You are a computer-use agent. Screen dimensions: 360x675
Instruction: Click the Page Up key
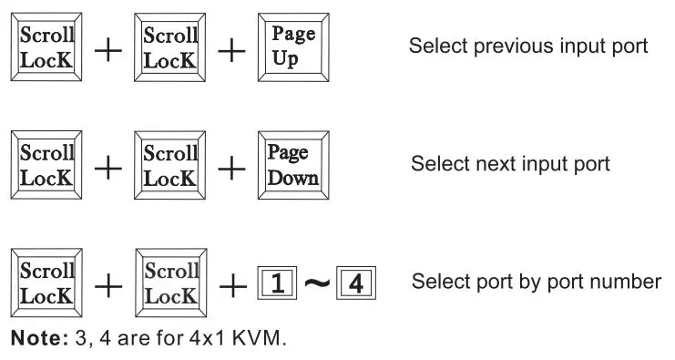(294, 46)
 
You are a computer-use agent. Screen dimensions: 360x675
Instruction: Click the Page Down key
(292, 165)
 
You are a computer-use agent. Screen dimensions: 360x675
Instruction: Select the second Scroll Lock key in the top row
(170, 46)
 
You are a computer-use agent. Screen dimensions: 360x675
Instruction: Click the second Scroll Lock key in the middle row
(170, 165)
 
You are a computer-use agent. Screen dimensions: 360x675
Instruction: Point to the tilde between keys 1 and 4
(315, 284)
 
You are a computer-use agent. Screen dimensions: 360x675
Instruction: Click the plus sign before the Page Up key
(232, 49)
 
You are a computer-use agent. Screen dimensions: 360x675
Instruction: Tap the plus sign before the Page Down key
(232, 168)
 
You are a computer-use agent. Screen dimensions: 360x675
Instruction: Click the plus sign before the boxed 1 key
(232, 285)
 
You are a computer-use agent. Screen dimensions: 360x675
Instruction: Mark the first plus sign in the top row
(108, 49)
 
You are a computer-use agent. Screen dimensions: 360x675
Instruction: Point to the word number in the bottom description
(630, 282)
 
